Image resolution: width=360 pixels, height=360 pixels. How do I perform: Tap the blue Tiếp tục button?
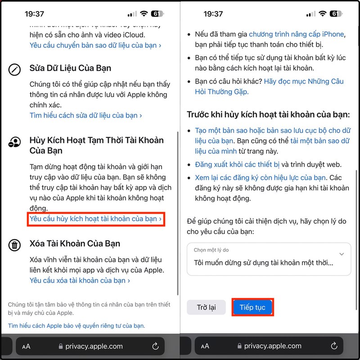tap(252, 307)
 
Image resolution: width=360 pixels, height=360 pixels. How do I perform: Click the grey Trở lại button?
tap(206, 307)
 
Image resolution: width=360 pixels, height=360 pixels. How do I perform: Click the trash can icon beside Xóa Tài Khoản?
tap(15, 245)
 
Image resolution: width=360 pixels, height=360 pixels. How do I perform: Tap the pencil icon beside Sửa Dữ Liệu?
tap(15, 70)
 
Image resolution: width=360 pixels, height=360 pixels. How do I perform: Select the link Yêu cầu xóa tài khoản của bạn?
tap(80, 280)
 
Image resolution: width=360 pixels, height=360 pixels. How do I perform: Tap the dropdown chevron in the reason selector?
tap(342, 254)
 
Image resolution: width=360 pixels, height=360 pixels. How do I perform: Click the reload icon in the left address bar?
tap(155, 346)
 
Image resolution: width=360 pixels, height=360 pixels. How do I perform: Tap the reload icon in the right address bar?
tap(334, 346)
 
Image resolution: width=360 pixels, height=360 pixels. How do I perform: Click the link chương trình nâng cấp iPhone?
tap(297, 34)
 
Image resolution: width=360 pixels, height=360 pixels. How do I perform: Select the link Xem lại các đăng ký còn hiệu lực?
tap(260, 177)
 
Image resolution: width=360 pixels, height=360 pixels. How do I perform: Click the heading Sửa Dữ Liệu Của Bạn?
tap(70, 68)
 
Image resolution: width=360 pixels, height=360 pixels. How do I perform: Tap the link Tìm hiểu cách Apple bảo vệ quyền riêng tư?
tap(76, 325)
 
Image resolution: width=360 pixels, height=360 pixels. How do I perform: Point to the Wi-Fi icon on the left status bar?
tap(144, 14)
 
